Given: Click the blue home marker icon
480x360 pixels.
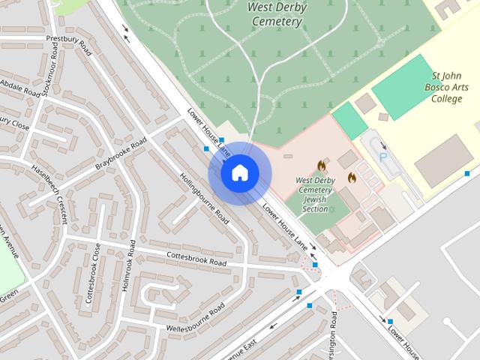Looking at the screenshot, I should (x=239, y=173).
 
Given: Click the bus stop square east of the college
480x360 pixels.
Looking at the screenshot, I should (x=466, y=173).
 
